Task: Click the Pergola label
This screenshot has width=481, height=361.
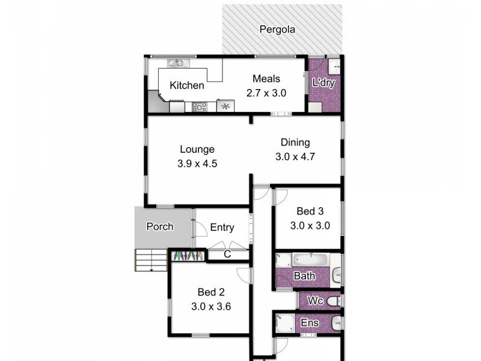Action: (x=277, y=29)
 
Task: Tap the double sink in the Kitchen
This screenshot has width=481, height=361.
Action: (x=179, y=63)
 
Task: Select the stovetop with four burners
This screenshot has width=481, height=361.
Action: (x=199, y=107)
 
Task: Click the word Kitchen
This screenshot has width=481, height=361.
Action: (x=186, y=85)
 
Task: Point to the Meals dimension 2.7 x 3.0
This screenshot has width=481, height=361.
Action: (x=266, y=93)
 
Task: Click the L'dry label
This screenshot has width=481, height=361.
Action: (x=323, y=82)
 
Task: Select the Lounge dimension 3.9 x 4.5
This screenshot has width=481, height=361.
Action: (x=197, y=163)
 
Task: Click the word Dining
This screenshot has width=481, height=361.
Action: (x=295, y=143)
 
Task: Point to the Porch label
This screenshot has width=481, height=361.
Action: (x=160, y=227)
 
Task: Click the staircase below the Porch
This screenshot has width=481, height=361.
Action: (x=150, y=259)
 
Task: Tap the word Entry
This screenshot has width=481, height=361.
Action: (x=222, y=227)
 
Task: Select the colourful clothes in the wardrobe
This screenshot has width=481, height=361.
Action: (x=187, y=256)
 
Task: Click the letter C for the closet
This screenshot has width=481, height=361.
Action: (x=227, y=255)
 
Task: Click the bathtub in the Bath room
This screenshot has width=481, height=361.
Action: (x=310, y=261)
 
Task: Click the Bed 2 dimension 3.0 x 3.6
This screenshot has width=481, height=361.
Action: (x=211, y=306)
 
